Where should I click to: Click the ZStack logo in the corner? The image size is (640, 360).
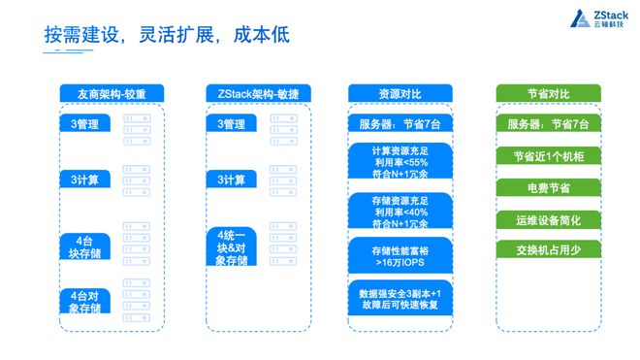599,18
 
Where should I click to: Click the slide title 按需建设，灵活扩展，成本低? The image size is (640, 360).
167,35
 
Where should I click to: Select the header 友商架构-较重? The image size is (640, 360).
112,93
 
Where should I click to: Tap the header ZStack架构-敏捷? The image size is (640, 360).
258,93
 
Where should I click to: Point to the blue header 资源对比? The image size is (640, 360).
400,93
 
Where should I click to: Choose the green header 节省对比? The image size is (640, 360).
548,93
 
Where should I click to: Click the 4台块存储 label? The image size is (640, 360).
85,246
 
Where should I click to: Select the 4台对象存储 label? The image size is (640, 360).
85,301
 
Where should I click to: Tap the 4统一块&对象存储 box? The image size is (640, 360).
232,246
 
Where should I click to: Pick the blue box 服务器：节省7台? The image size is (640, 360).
400,123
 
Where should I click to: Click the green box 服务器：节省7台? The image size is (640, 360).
548,123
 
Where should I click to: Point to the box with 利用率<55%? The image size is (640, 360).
400,161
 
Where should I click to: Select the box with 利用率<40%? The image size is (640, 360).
400,211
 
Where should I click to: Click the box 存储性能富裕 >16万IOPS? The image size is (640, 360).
400,255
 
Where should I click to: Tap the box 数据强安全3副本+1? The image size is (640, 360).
400,298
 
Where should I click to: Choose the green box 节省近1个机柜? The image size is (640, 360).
548,155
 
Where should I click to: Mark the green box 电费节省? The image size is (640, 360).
548,187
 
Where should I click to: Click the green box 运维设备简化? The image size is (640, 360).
548,220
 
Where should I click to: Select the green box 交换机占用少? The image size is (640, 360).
548,249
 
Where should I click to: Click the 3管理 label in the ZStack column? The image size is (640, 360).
232,123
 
